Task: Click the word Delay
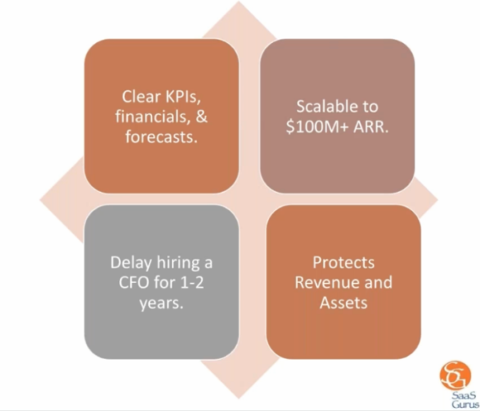tap(130, 261)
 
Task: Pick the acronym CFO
tap(136, 281)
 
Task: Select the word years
tap(162, 301)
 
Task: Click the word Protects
tap(342, 263)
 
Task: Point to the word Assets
tap(342, 302)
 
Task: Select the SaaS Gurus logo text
tap(454, 398)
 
